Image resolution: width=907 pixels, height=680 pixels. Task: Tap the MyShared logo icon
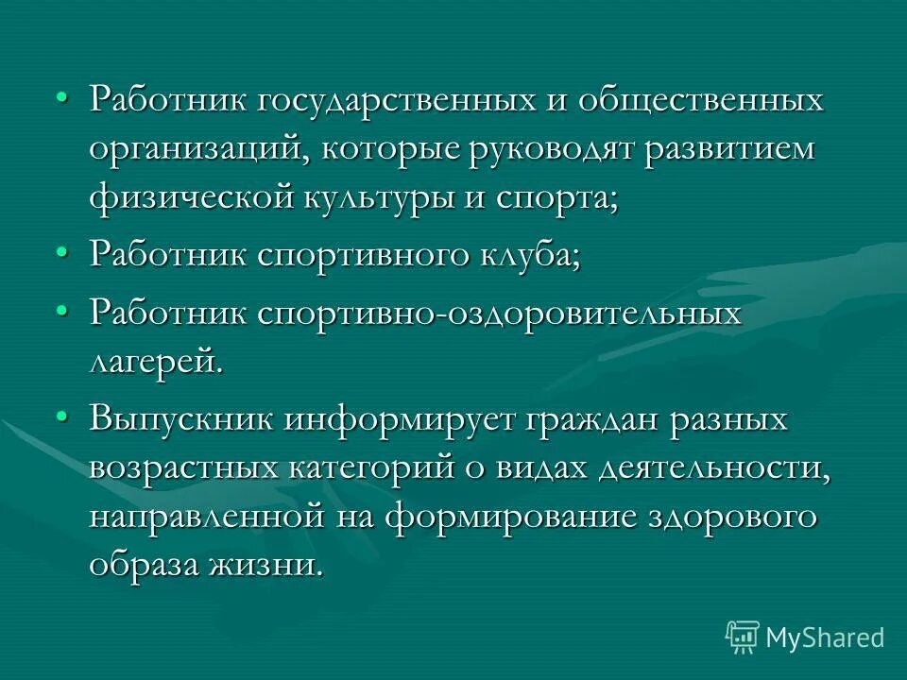click(742, 637)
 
